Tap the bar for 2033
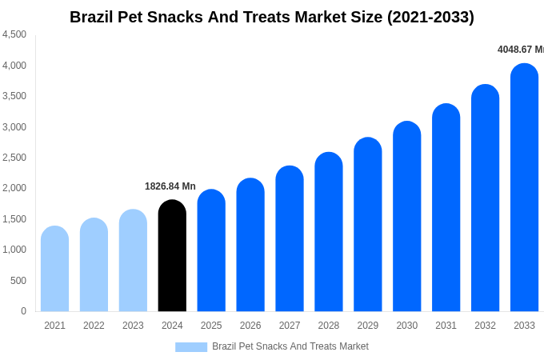[524, 188]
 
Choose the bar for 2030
[406, 217]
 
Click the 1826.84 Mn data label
[170, 186]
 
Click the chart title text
[272, 17]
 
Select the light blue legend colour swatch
[191, 347]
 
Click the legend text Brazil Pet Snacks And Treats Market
[290, 346]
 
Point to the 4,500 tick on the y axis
[14, 34]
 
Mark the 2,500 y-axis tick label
[14, 158]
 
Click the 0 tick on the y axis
[23, 311]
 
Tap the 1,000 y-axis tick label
[14, 250]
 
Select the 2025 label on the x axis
[211, 326]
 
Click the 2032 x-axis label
[485, 326]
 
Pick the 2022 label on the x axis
[94, 326]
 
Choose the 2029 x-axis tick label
[368, 326]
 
